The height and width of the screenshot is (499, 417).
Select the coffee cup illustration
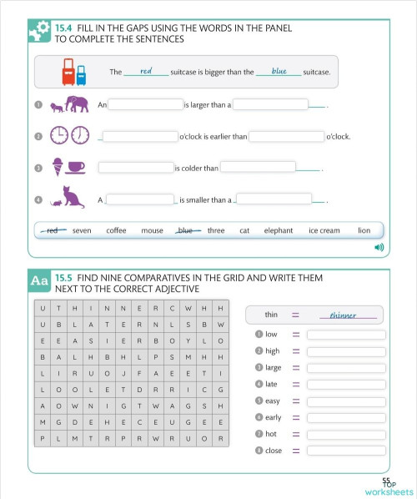(x=75, y=167)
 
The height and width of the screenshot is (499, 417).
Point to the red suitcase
(x=68, y=72)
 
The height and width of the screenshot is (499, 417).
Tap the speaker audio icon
(x=379, y=247)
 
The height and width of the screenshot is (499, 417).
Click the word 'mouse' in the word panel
(x=152, y=230)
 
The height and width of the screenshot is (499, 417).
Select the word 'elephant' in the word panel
(x=279, y=230)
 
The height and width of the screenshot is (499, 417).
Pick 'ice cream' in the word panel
(x=324, y=230)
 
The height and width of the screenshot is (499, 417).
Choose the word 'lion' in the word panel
(x=364, y=230)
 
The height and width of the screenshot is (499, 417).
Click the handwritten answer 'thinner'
(x=343, y=315)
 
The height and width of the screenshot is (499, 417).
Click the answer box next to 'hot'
(x=346, y=434)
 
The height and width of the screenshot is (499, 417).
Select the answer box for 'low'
(x=346, y=335)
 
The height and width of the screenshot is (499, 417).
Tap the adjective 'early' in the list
(x=274, y=417)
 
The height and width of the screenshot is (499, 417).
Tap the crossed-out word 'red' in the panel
(x=54, y=230)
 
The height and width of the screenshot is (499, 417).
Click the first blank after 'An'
(x=145, y=105)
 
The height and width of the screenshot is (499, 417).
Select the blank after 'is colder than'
(x=258, y=168)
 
